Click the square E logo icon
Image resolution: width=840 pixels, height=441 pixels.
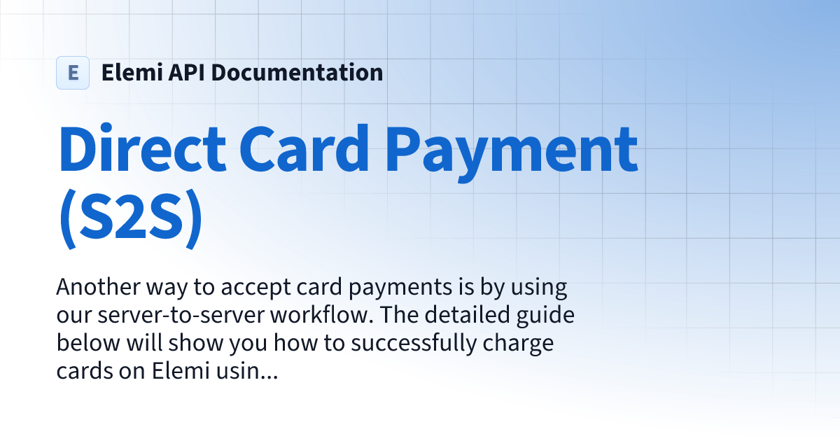[x=73, y=73]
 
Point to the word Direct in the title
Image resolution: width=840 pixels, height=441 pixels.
[x=143, y=152]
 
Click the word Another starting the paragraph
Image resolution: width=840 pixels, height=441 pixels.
[x=97, y=288]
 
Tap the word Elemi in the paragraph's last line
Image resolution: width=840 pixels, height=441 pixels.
[x=181, y=372]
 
